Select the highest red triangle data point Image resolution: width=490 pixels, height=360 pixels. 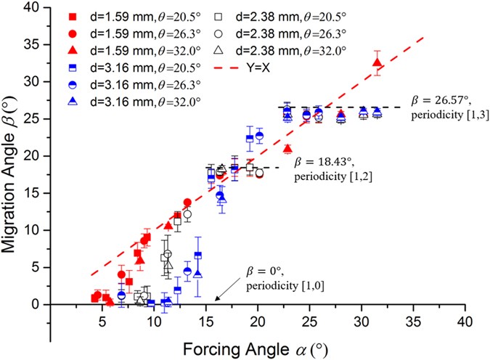coord(377,62)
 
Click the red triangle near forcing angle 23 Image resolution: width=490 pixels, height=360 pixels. coord(287,149)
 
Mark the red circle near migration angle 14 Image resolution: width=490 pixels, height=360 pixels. coord(187,202)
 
